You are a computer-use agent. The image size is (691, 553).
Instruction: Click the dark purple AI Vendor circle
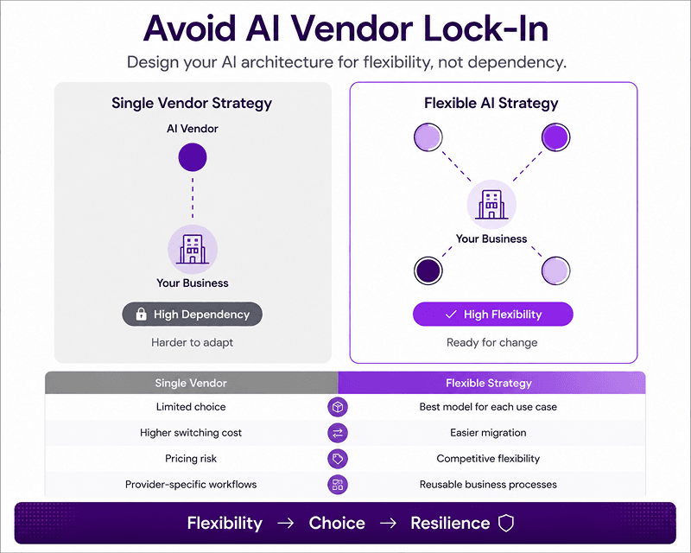tap(193, 157)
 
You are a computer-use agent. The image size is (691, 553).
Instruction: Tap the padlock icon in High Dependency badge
tap(141, 314)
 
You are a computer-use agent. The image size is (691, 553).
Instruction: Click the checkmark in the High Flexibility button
tap(451, 315)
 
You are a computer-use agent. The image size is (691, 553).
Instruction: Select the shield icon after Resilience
tap(506, 523)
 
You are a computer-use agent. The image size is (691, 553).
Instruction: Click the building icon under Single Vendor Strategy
tap(193, 249)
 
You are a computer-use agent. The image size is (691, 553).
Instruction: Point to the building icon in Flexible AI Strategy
tap(491, 205)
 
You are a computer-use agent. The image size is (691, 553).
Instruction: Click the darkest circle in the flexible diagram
tap(428, 270)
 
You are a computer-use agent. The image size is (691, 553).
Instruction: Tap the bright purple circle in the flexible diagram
tap(555, 137)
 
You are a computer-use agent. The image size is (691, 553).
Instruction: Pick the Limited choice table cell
tap(191, 407)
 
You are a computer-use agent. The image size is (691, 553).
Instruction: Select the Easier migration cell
tap(488, 433)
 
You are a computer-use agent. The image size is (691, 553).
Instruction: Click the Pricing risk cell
tap(191, 459)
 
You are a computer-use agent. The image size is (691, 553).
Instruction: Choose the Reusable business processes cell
tap(488, 485)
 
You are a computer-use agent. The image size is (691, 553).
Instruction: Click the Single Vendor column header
tap(191, 383)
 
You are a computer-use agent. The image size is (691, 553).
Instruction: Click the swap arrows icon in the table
tap(338, 433)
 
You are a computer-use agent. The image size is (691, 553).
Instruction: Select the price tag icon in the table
tap(338, 459)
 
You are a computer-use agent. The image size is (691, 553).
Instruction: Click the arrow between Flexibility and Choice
tap(286, 524)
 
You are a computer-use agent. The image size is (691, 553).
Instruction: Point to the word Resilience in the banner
tap(450, 523)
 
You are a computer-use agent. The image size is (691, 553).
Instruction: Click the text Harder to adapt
tap(192, 343)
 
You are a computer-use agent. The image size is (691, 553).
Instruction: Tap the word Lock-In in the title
tap(486, 29)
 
